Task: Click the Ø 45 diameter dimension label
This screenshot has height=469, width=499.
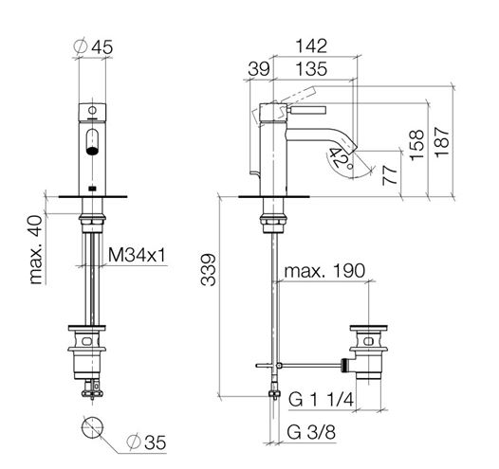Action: [93, 46]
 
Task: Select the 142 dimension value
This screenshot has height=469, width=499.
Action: [311, 45]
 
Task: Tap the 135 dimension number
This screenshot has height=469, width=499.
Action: [311, 69]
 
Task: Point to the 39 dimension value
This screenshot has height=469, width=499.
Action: [259, 69]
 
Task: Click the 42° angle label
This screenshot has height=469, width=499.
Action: [341, 158]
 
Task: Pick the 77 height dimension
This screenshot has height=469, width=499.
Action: [390, 175]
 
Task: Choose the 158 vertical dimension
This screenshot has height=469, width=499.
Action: [417, 145]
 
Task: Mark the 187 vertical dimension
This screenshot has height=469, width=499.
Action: [442, 142]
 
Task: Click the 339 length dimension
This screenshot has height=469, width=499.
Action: [209, 269]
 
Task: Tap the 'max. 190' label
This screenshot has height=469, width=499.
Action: [324, 271]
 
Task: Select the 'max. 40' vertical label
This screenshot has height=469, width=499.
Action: [35, 249]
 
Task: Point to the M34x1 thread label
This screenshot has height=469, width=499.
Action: [138, 255]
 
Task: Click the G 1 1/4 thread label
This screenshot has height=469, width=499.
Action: [321, 400]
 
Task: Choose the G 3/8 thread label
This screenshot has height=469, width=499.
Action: [311, 432]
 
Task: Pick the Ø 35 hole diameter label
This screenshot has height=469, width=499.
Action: [146, 442]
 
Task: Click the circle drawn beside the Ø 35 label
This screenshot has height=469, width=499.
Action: [92, 417]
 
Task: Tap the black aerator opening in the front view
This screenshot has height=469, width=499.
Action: [92, 151]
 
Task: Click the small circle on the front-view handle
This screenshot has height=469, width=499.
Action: [92, 110]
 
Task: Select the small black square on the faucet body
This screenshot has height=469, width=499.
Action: [92, 189]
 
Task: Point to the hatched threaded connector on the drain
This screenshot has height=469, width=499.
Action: [344, 366]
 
